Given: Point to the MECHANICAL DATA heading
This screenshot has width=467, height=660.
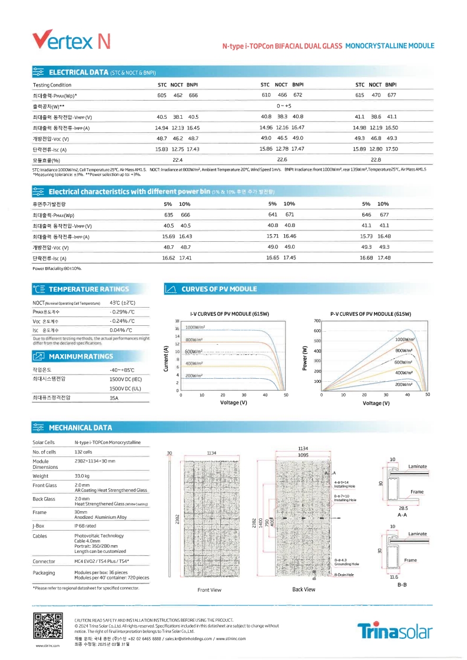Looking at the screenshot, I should (x=80, y=428).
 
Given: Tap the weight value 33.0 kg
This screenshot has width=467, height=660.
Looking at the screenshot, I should (x=82, y=476).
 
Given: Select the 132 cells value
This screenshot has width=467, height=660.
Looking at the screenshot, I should (x=84, y=452).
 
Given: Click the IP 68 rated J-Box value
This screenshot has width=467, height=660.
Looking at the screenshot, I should (x=86, y=525).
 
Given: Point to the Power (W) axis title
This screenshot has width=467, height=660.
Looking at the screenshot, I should (x=305, y=357).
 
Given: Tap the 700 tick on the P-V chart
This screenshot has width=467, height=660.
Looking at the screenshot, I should (x=316, y=321).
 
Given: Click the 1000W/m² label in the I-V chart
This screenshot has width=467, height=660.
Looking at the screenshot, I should (x=195, y=327).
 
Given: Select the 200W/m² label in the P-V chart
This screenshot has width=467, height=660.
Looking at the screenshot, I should (x=403, y=384).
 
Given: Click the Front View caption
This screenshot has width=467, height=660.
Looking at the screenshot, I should (x=210, y=589).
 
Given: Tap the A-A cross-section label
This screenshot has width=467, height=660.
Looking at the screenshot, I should (x=403, y=514).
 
